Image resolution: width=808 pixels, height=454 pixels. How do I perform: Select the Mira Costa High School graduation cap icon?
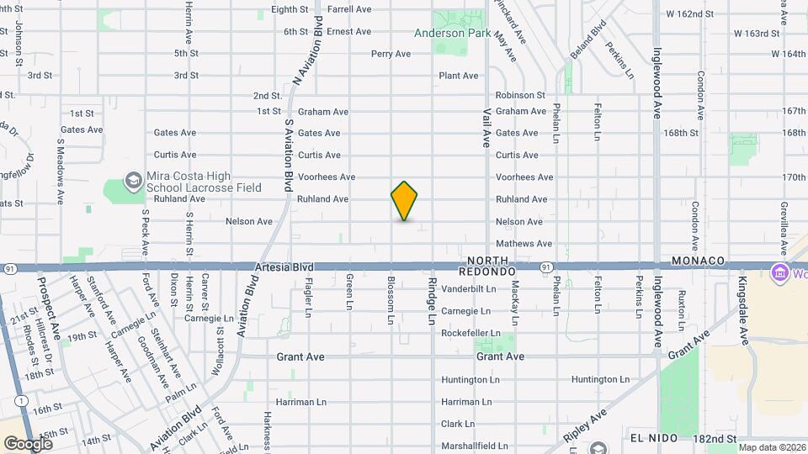click(133, 180)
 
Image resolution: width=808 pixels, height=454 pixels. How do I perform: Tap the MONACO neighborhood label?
click(699, 261)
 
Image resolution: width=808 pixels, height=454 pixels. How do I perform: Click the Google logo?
click(28, 443)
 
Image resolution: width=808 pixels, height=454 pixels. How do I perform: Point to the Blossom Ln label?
click(391, 300)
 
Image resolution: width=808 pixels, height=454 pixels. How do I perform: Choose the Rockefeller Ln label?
click(471, 333)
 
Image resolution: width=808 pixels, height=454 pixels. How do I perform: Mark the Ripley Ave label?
click(587, 427)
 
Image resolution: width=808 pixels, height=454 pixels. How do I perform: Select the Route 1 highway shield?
click(19, 402)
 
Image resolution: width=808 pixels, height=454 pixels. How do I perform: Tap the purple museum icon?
click(779, 273)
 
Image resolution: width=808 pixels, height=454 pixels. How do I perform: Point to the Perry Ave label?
click(391, 54)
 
